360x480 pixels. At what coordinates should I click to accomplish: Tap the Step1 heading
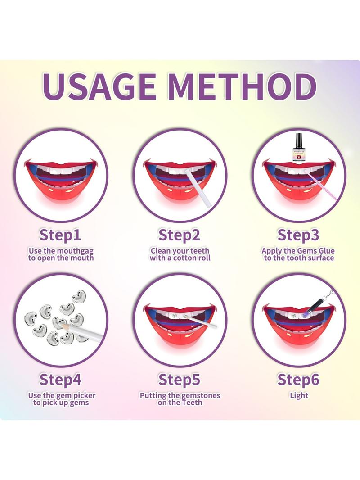pyautogui.click(x=61, y=235)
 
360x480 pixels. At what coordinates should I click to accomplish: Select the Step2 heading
pyautogui.click(x=180, y=235)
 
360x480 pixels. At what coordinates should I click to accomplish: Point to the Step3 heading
pyautogui.click(x=298, y=235)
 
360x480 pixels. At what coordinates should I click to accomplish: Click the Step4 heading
pyautogui.click(x=61, y=379)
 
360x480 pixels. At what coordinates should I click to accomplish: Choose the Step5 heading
pyautogui.click(x=180, y=379)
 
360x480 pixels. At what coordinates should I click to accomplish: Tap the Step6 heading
pyautogui.click(x=298, y=379)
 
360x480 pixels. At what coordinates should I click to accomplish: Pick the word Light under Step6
pyautogui.click(x=299, y=395)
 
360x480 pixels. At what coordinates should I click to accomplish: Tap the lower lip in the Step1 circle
pyautogui.click(x=61, y=191)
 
